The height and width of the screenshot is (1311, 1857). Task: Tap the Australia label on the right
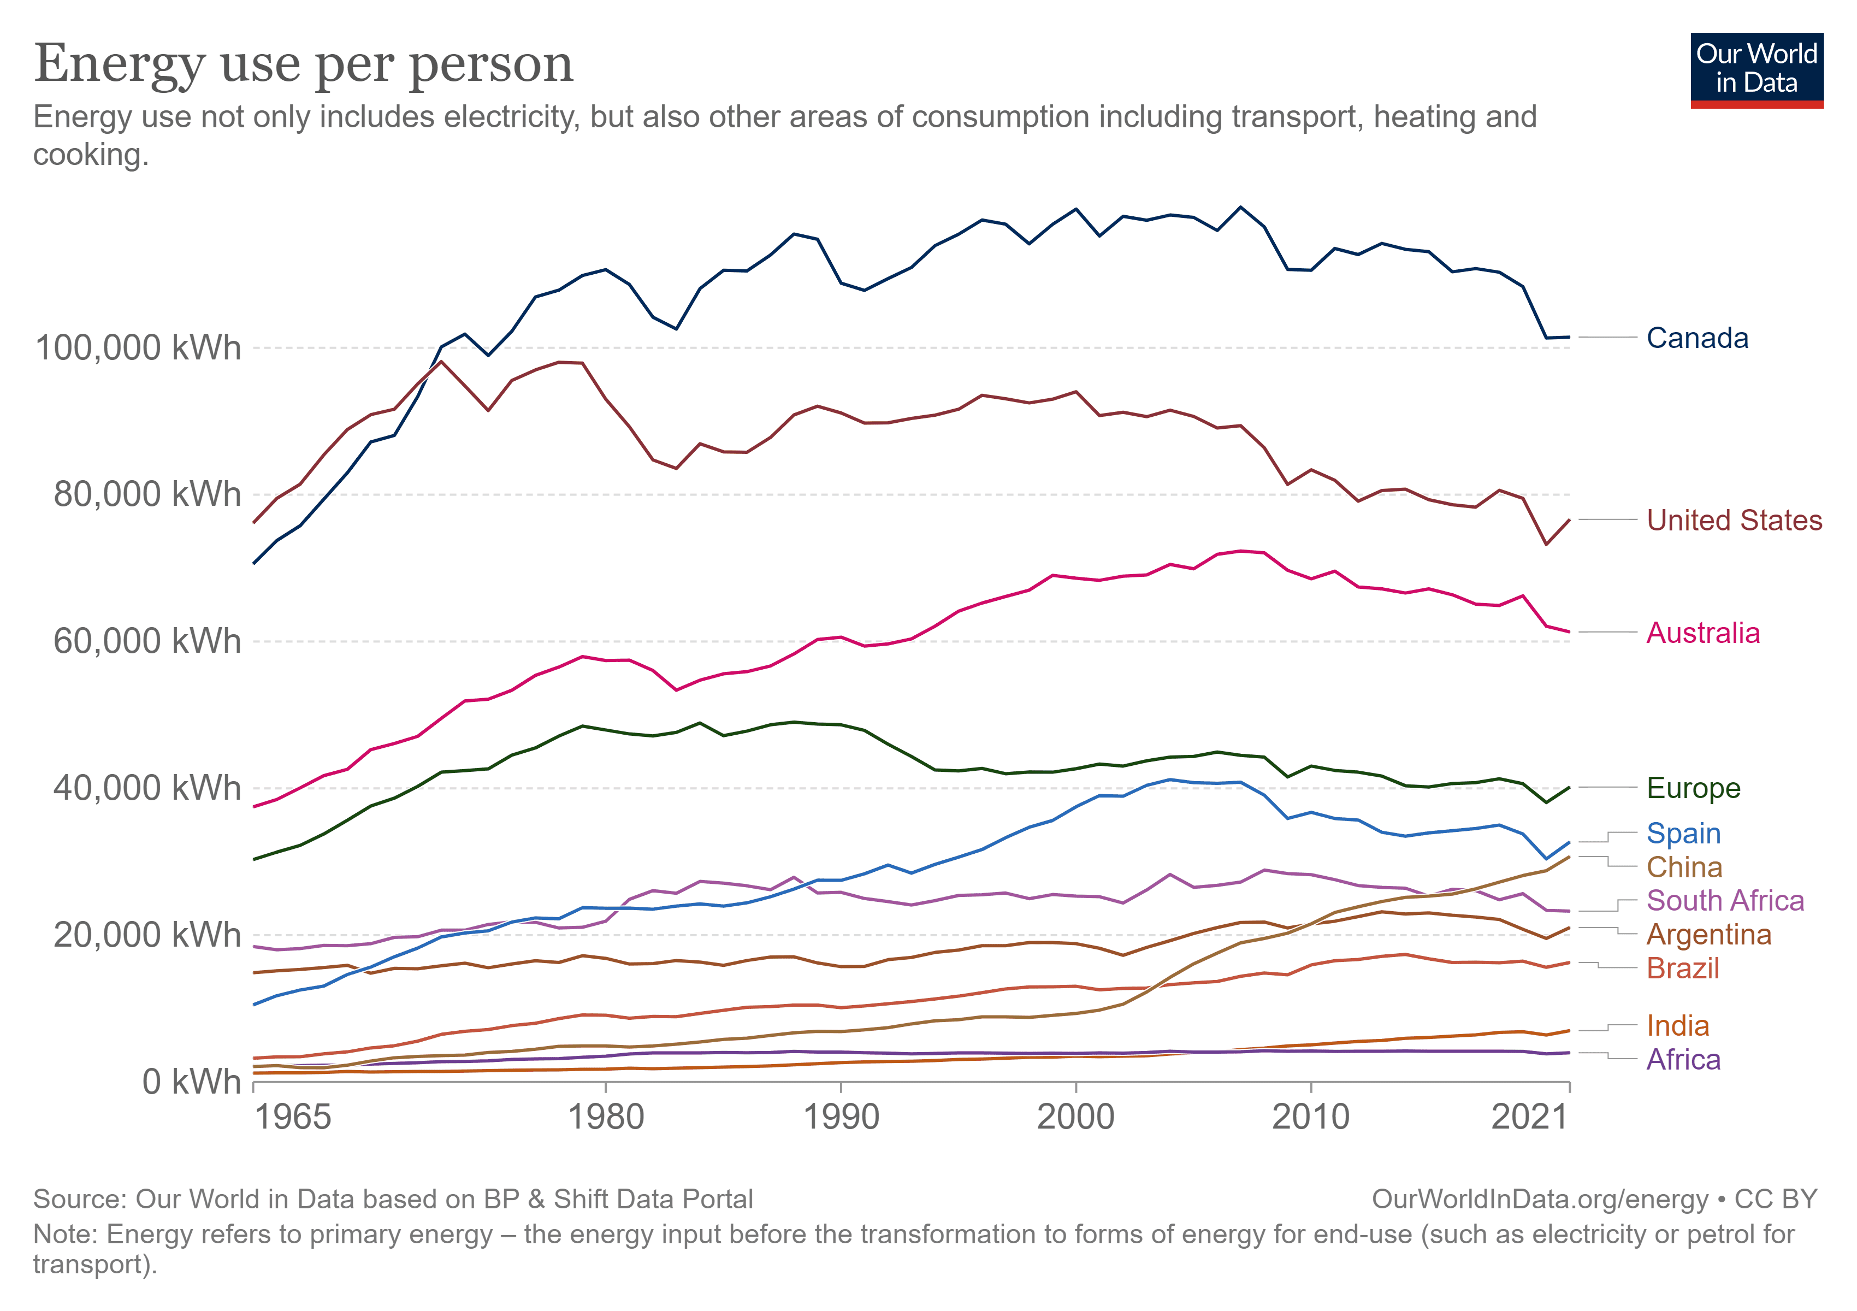click(1702, 633)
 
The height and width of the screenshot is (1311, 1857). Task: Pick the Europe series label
click(1693, 788)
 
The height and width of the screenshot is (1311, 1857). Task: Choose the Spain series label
click(1683, 833)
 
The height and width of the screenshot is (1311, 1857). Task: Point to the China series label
click(1684, 867)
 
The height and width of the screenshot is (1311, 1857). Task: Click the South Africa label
click(1724, 900)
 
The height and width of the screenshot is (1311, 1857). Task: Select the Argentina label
click(1708, 934)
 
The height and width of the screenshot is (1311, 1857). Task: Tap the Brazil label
click(1682, 968)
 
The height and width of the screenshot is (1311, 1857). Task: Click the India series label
click(1677, 1025)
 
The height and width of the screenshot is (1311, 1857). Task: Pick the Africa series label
click(1683, 1060)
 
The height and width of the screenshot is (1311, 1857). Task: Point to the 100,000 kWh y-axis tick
click(138, 348)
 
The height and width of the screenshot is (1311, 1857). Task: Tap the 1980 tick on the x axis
click(605, 1117)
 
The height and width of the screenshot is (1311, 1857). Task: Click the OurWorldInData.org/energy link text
click(1540, 1198)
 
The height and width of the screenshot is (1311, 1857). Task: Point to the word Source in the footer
click(79, 1198)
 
